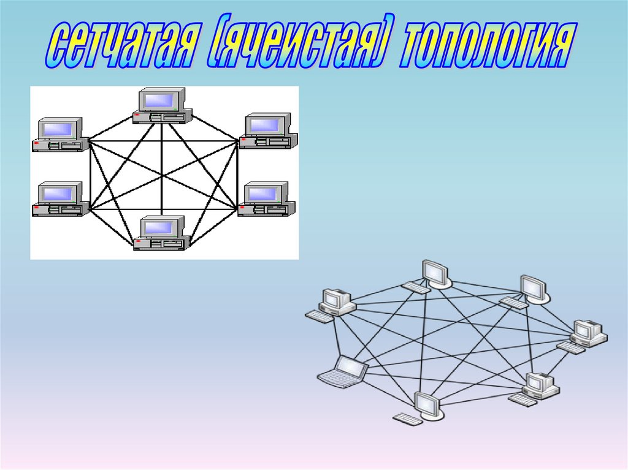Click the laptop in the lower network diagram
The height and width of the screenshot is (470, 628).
tap(343, 372)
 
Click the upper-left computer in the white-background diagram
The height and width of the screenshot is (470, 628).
tap(60, 135)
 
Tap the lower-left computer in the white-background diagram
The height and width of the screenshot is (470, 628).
tap(60, 199)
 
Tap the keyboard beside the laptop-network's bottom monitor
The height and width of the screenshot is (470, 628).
tap(407, 419)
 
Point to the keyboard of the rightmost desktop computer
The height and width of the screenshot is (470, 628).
tap(570, 347)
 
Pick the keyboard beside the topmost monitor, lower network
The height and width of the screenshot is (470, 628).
tap(416, 287)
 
